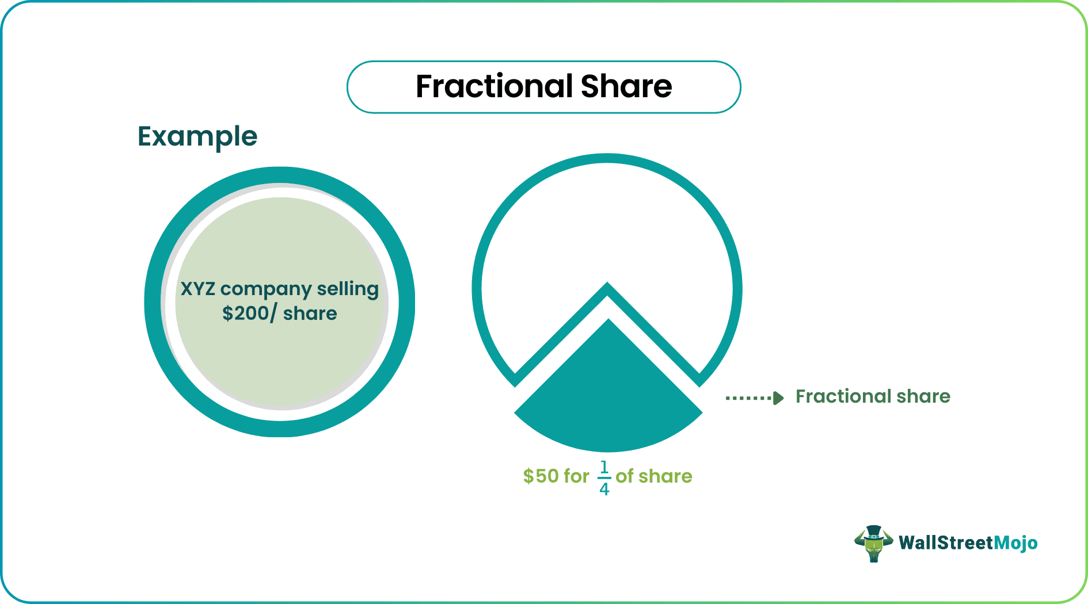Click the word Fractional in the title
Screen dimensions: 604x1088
tap(494, 86)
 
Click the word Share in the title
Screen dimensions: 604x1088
tap(626, 86)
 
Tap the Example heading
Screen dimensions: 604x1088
tap(197, 137)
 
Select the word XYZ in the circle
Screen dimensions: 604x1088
tap(198, 288)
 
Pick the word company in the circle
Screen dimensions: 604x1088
tap(266, 289)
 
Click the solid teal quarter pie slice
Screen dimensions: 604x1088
tap(608, 397)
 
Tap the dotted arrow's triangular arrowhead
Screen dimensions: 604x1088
tap(778, 398)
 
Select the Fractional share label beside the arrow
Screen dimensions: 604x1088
tap(873, 396)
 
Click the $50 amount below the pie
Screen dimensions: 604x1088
tap(541, 476)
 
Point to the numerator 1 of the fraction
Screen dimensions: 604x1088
tap(604, 467)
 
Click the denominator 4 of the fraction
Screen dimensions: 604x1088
tap(604, 489)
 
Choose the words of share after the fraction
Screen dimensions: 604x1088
tap(654, 476)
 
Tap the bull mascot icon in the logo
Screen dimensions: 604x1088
tap(873, 543)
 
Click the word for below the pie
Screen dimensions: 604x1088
tap(576, 476)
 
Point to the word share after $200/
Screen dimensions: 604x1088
tap(310, 314)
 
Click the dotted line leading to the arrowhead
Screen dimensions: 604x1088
tap(748, 398)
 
